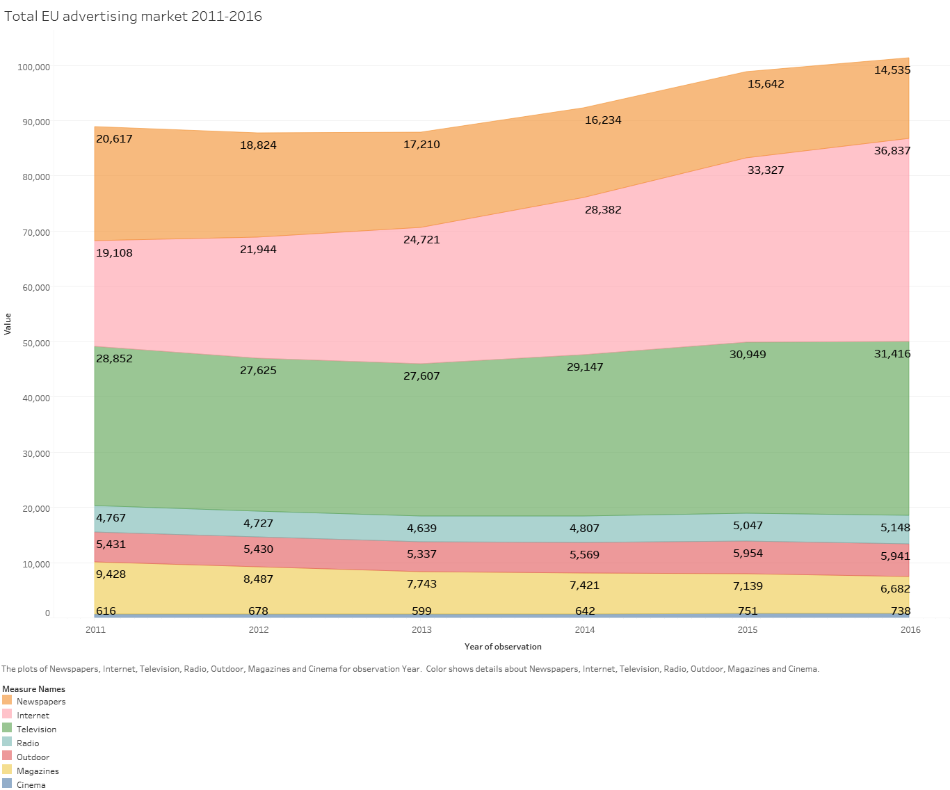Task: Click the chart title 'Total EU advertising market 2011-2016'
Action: click(x=134, y=16)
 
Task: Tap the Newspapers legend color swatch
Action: click(x=7, y=700)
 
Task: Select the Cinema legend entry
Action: click(x=31, y=784)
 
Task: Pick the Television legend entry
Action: click(x=36, y=729)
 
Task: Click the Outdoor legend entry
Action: click(x=33, y=757)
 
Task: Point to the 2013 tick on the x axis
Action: click(x=421, y=629)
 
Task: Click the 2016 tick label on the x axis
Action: click(x=910, y=629)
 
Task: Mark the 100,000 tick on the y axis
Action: click(x=34, y=67)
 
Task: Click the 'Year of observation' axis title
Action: click(x=503, y=646)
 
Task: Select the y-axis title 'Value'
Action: click(x=8, y=323)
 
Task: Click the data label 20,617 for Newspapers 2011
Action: click(x=114, y=138)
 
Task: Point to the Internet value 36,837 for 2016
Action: click(x=892, y=150)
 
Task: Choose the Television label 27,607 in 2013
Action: click(x=421, y=376)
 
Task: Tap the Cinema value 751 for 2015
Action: click(x=748, y=611)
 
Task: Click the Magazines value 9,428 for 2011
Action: click(x=111, y=574)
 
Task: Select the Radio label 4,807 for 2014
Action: click(x=584, y=528)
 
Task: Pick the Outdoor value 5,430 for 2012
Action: click(x=258, y=549)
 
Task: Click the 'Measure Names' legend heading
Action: click(x=33, y=688)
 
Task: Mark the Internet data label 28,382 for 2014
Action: click(x=603, y=209)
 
